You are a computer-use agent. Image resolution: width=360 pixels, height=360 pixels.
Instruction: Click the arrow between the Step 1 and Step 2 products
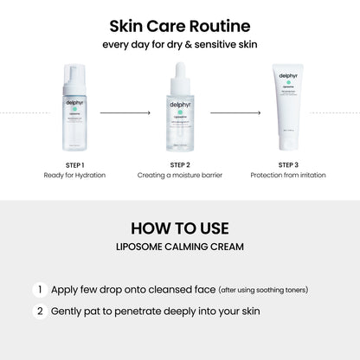[x=127, y=112]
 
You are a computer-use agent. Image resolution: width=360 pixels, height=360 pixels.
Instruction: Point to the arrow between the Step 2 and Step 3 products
[x=231, y=112]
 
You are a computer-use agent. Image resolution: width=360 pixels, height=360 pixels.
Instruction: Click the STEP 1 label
[x=75, y=165]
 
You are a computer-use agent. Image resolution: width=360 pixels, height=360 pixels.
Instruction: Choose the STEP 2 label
[x=180, y=165]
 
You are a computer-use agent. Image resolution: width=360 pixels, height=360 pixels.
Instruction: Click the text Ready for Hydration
[x=75, y=176]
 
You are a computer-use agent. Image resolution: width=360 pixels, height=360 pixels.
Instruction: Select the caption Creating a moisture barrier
[x=180, y=176]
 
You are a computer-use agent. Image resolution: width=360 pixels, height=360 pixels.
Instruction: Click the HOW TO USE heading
[x=180, y=228]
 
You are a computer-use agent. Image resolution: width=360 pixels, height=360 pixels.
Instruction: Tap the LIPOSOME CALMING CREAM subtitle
[x=180, y=247]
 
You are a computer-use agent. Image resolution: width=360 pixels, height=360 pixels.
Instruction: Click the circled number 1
[x=39, y=290]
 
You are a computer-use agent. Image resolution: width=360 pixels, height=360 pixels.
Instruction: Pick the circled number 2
[x=39, y=310]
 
